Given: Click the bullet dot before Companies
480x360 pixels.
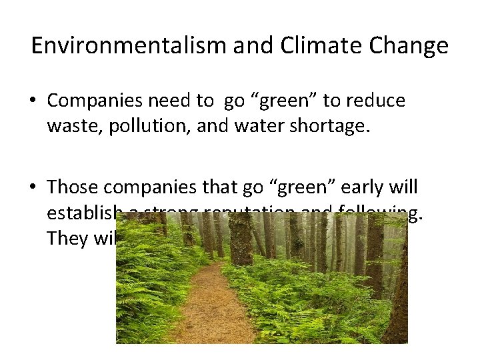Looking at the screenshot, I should (x=33, y=101).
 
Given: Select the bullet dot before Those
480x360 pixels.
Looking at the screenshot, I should (x=33, y=188).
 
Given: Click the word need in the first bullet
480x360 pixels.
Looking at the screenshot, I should (x=171, y=101).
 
